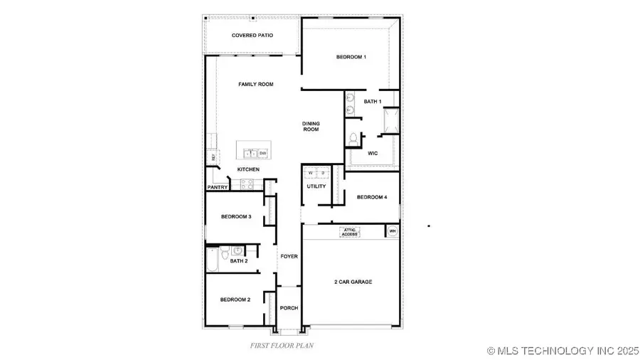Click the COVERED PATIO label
coord(252,35)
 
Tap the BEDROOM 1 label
coord(351,57)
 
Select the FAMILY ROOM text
coord(255,85)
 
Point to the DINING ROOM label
coord(311,126)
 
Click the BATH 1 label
coord(372,102)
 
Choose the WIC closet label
coord(372,153)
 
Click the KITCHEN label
coord(248,169)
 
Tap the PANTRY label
coord(218,188)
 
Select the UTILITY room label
coord(316,186)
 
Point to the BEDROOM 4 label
coord(372,197)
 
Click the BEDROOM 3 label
coord(236,216)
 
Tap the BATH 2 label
coord(239,261)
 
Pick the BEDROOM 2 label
coord(235,300)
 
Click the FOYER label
coord(289,256)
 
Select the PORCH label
coord(289,308)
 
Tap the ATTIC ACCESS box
coord(350,231)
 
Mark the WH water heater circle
coord(392,231)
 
